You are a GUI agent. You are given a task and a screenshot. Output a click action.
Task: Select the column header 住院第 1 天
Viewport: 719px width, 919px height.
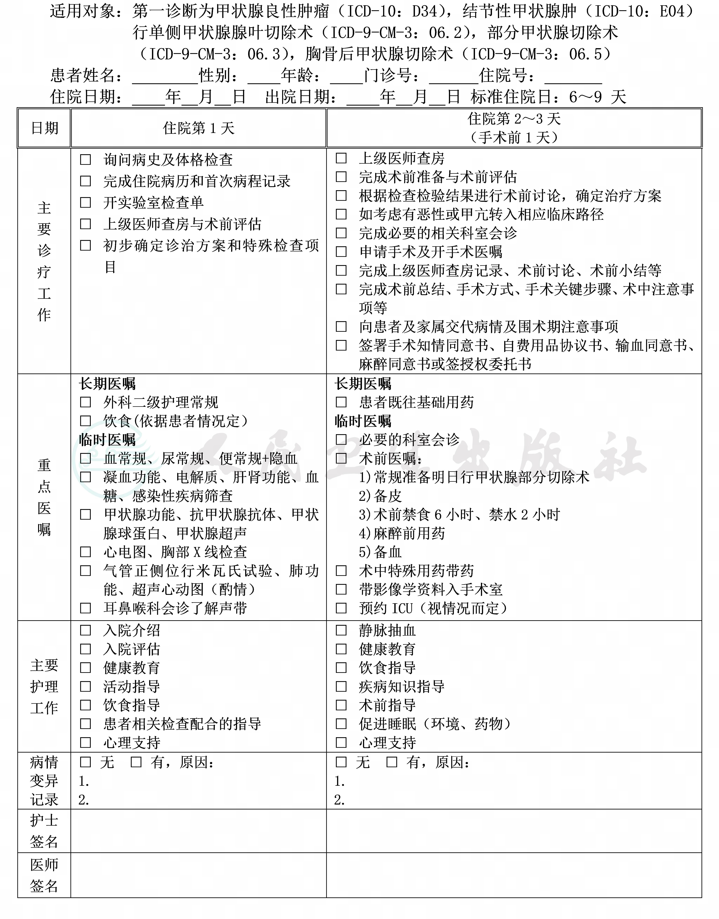click(198, 128)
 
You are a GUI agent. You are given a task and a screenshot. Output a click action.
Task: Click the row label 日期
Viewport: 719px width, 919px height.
click(44, 128)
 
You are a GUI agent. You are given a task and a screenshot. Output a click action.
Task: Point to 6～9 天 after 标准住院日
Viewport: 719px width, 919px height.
click(597, 97)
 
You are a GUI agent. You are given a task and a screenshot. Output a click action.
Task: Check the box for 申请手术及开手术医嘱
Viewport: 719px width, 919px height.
click(341, 252)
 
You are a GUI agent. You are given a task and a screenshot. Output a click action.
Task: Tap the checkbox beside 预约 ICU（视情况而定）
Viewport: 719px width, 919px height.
click(341, 608)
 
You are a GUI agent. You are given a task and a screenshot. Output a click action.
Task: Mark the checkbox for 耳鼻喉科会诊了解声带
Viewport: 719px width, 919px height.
click(85, 608)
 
